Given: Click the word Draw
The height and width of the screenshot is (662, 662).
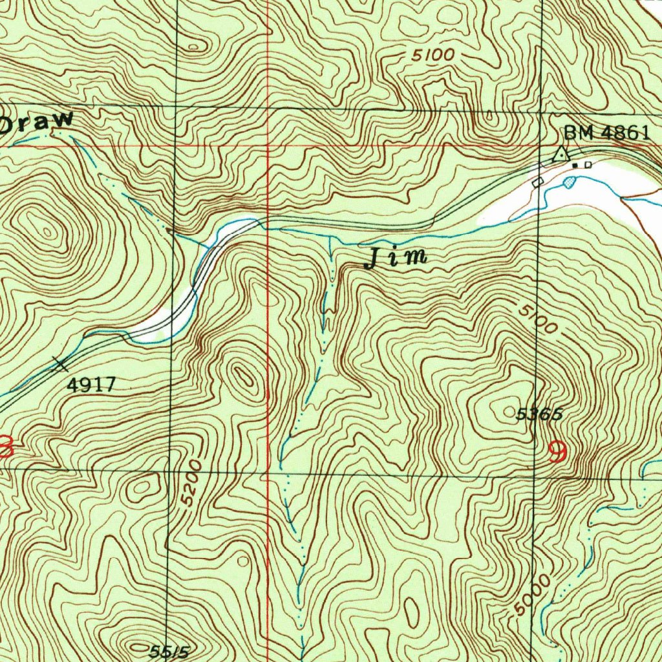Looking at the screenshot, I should click(x=36, y=122).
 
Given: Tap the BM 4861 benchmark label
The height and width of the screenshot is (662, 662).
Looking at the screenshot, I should click(x=606, y=133).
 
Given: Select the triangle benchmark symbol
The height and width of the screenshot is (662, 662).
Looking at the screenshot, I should click(x=561, y=155).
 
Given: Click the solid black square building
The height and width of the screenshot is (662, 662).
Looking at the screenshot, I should click(x=575, y=165).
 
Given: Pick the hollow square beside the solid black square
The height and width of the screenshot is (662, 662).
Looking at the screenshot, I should click(x=588, y=165).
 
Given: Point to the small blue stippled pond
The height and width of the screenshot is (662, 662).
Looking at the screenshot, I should click(x=569, y=182).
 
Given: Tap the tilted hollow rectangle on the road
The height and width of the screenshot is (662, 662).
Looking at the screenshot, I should click(x=537, y=182).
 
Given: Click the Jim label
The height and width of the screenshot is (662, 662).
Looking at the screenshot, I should click(x=396, y=257).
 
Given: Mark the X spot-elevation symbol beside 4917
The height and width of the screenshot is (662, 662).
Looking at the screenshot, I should click(x=61, y=365).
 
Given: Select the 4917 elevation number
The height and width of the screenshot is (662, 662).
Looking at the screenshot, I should click(x=91, y=386).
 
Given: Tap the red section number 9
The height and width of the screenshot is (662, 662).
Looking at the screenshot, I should click(x=557, y=451).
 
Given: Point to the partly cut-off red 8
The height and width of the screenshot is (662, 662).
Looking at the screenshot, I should click(x=5, y=446).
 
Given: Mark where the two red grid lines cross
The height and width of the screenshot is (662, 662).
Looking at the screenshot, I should click(x=268, y=146).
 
